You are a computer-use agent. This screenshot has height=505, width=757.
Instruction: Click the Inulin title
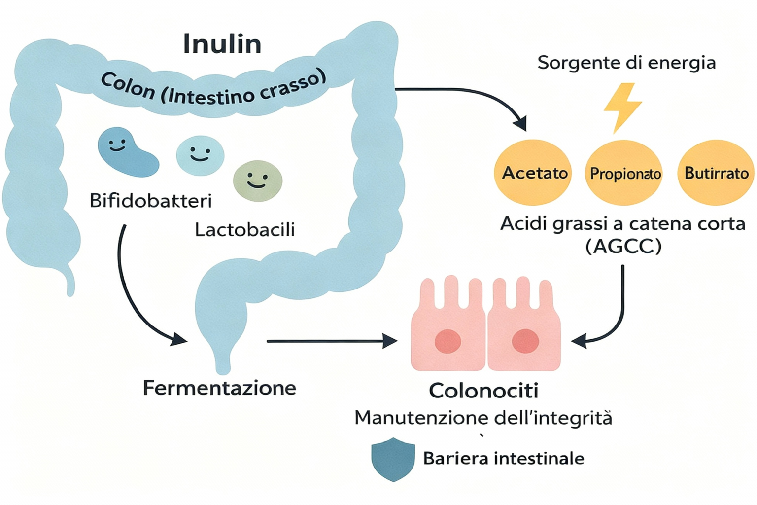point(222,44)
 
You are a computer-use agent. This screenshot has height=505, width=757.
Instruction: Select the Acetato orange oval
point(534,173)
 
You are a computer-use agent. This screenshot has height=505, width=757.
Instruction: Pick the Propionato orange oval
point(625,173)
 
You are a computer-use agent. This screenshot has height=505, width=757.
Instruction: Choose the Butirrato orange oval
point(716,173)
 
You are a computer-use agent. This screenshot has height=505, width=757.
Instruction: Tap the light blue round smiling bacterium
point(200,155)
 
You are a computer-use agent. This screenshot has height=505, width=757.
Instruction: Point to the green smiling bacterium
point(258,181)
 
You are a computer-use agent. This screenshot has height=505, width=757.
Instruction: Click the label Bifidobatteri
point(150,201)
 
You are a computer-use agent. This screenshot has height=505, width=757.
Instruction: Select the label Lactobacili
point(244,229)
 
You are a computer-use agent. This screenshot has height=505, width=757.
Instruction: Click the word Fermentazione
point(219,388)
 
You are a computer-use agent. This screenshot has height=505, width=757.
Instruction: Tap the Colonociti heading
point(483,391)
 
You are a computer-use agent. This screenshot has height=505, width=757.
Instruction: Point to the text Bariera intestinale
point(503,459)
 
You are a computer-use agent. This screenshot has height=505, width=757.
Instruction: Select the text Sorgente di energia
point(626,63)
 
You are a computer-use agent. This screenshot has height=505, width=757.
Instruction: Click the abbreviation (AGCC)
point(623,246)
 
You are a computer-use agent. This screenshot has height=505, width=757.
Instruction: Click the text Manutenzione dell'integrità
point(483,418)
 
